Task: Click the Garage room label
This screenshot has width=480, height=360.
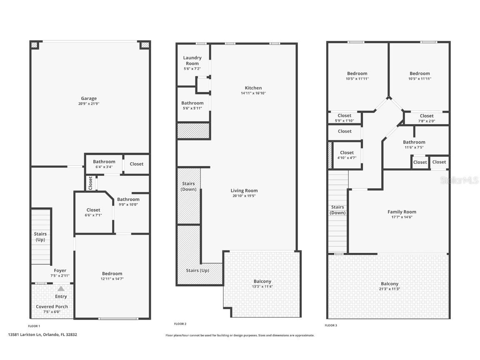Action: [x=89, y=99]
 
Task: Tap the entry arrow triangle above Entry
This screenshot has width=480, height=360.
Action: [x=61, y=288]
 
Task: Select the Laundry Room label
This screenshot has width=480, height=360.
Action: [x=192, y=60]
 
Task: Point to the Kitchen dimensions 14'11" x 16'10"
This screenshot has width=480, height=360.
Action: [x=253, y=93]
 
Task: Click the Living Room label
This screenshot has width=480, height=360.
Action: [x=244, y=191]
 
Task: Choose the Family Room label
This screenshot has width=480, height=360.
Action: [x=402, y=212]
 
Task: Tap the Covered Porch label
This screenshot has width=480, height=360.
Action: [x=52, y=307]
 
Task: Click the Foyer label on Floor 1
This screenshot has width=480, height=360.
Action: [x=60, y=270]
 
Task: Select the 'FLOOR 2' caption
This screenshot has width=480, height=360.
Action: [x=180, y=324]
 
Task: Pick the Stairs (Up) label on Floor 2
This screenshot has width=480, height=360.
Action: [x=197, y=270]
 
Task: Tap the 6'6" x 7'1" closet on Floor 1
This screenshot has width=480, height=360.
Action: [x=93, y=212]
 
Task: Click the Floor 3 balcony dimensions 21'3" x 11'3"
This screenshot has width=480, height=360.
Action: [x=390, y=289]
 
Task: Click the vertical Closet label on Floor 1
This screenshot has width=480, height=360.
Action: [x=90, y=183]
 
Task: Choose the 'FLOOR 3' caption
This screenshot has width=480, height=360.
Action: [x=331, y=325]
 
